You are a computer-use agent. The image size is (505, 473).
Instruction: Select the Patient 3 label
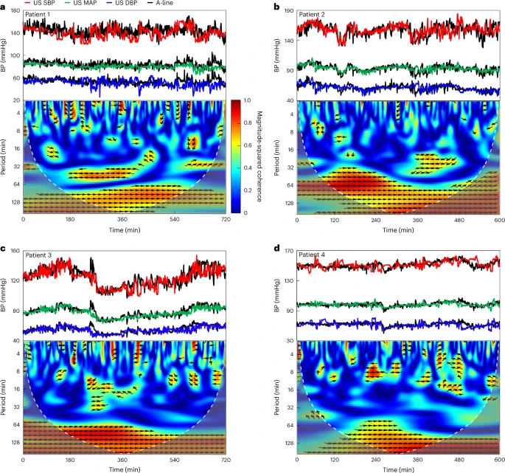point(42,255)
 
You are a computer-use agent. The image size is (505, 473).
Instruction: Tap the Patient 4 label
point(316,255)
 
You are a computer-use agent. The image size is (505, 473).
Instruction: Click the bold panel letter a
point(4,6)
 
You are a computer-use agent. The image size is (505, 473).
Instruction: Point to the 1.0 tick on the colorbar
point(255,100)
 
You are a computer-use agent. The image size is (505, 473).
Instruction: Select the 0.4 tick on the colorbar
point(255,167)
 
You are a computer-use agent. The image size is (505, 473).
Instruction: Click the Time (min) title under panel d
point(398,468)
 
